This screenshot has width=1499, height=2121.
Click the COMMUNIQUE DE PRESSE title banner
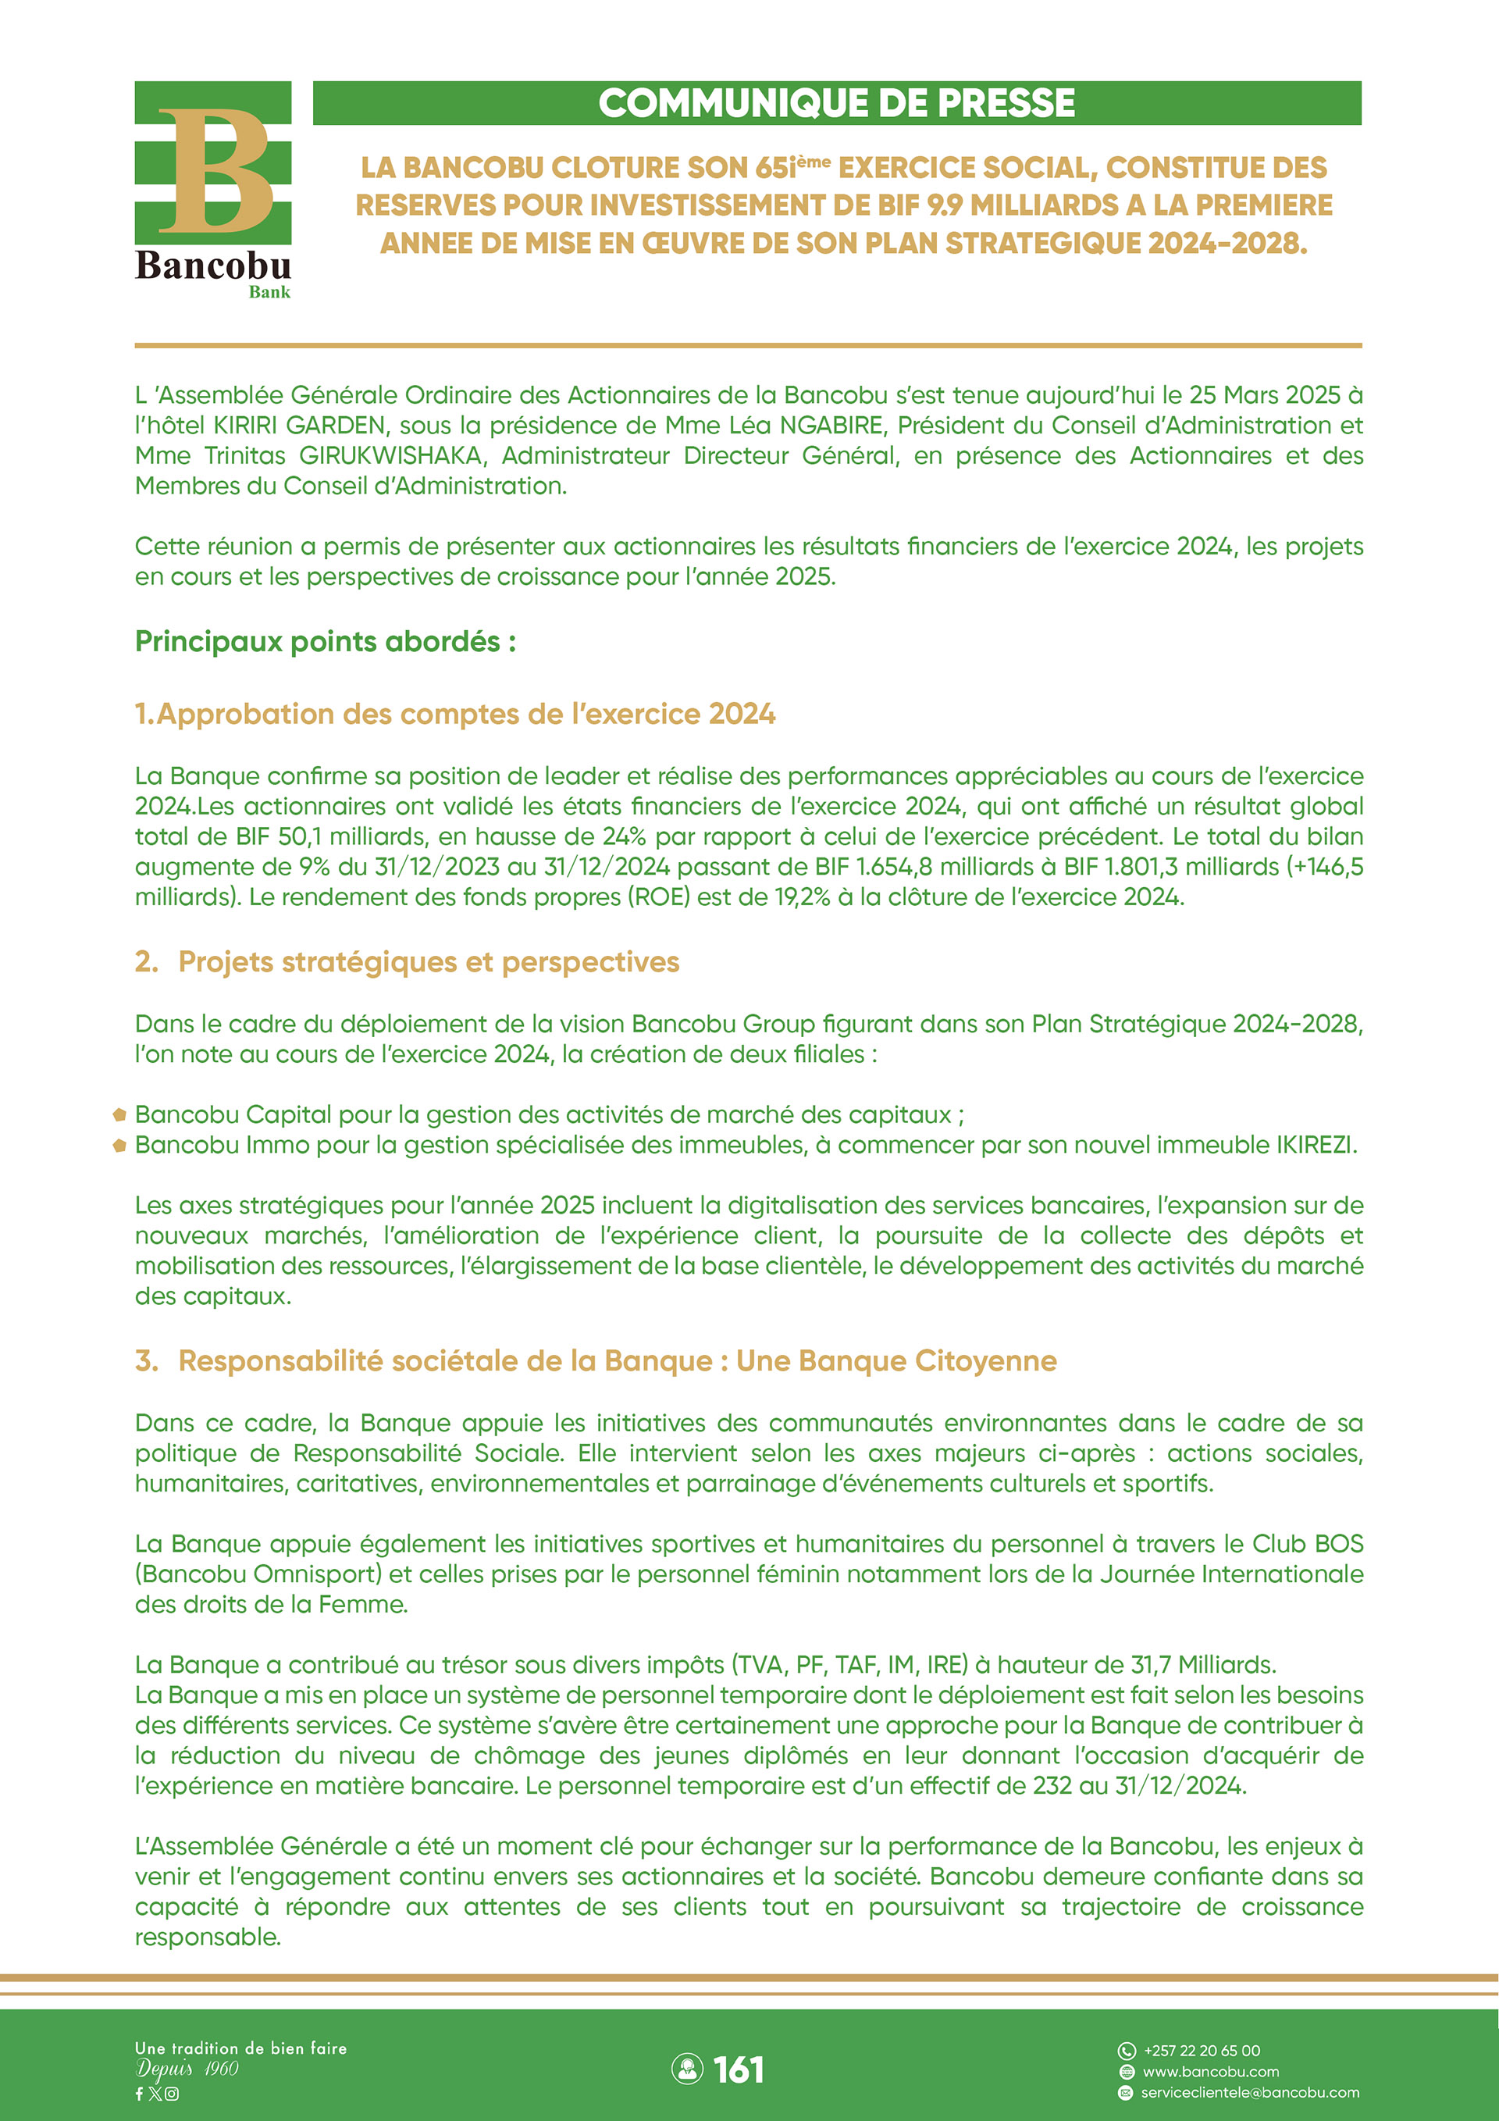pos(837,102)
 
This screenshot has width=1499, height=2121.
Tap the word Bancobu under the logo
pos(212,266)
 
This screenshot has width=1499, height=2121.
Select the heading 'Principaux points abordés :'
pos(325,641)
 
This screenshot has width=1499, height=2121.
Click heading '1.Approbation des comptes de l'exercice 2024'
pos(455,714)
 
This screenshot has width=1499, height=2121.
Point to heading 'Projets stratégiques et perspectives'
pos(429,961)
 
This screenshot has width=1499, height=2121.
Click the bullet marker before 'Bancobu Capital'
pos(119,1115)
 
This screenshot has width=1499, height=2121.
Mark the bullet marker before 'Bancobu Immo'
pos(119,1146)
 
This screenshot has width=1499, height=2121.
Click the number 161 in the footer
pos(738,2069)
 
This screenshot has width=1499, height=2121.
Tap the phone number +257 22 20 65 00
pos(1202,2050)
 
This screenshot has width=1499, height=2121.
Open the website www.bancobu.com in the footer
pos(1210,2071)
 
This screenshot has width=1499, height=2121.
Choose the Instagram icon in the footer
pos(172,2094)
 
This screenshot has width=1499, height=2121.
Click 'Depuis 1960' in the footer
pos(187,2069)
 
